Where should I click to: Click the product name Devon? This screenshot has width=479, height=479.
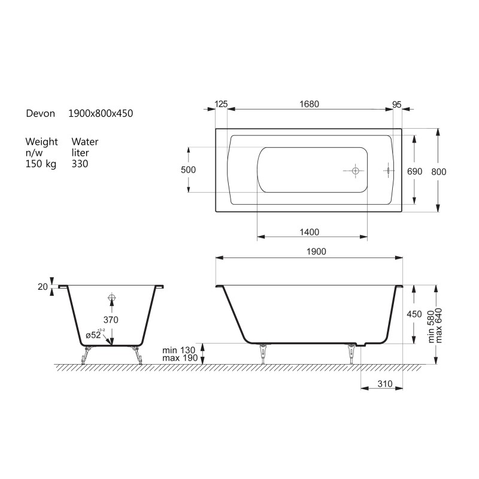coord(40,113)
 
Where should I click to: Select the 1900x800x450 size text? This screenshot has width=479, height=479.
coord(101,113)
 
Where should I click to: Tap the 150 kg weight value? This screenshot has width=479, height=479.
coord(41,163)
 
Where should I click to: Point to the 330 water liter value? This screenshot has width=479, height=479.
coord(80,163)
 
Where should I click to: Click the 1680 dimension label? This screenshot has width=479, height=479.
coord(309,104)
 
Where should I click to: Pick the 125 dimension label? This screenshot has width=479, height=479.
coord(221,104)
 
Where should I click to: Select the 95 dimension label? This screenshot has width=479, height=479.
coord(396,105)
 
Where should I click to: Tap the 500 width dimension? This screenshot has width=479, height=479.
coord(188,170)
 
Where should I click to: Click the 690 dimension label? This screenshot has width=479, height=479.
coord(414,172)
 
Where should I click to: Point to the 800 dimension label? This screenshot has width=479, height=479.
coord(439,172)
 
